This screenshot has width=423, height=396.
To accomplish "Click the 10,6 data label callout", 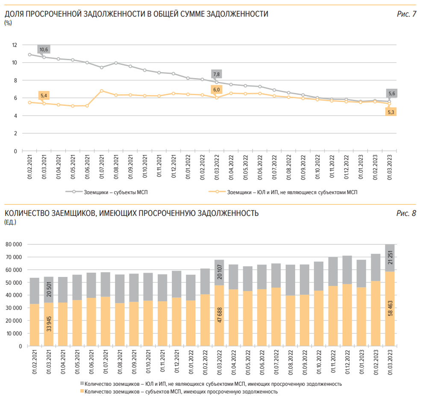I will point(44,49).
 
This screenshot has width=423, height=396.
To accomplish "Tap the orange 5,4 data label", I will point(44,96).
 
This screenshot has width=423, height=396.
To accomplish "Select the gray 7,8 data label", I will point(217,74).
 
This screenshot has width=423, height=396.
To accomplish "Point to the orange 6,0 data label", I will point(217,90).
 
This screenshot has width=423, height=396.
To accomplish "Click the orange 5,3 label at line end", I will point(391,112).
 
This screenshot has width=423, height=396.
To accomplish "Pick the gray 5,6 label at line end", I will point(391,93).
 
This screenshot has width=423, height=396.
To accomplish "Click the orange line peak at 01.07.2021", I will point(101,91).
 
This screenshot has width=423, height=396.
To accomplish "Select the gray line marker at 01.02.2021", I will point(29,55).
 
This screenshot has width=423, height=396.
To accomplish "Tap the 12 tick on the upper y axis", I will point(15,45).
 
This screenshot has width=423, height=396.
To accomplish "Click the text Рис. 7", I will point(406,14).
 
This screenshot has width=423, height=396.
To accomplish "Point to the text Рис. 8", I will point(406,213).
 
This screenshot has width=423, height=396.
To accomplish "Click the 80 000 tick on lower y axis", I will point(14,245).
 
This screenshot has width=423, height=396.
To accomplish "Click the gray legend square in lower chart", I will point(82,384).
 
